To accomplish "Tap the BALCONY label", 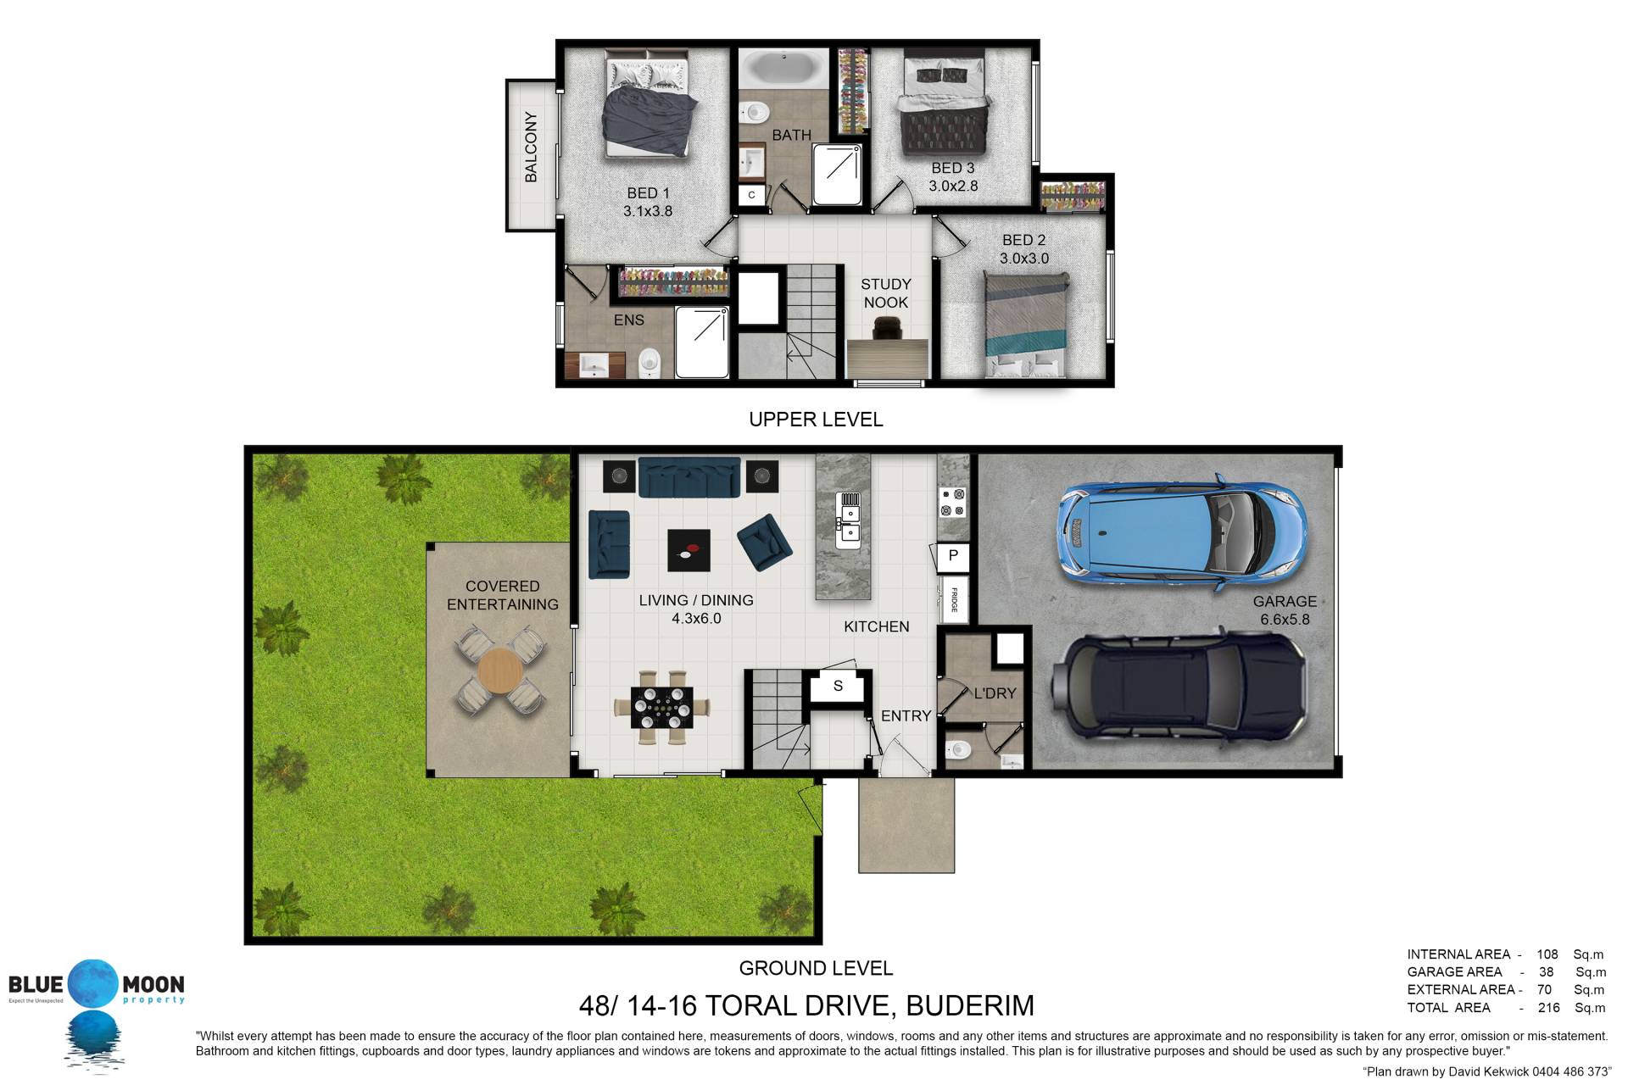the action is pos(531,147).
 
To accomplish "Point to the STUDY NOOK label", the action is pos(885,293).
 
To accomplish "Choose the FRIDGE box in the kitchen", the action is pos(954,599).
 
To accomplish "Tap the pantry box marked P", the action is pos(953,556).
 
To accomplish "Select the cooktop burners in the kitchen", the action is pos(953,502).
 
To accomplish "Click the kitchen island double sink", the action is pos(848,520).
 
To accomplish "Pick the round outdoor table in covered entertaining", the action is pos(501,671).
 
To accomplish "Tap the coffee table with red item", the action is pos(689,551).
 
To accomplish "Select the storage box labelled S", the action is pos(838,686).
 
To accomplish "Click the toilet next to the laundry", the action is pos(958,750).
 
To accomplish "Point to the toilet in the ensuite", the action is pos(649,363).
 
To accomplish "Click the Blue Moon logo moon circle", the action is pos(94,984).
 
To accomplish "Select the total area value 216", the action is pos(1548,1008).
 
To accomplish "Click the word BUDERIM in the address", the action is pos(970,1005).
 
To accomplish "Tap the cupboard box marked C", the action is pos(751,195).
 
